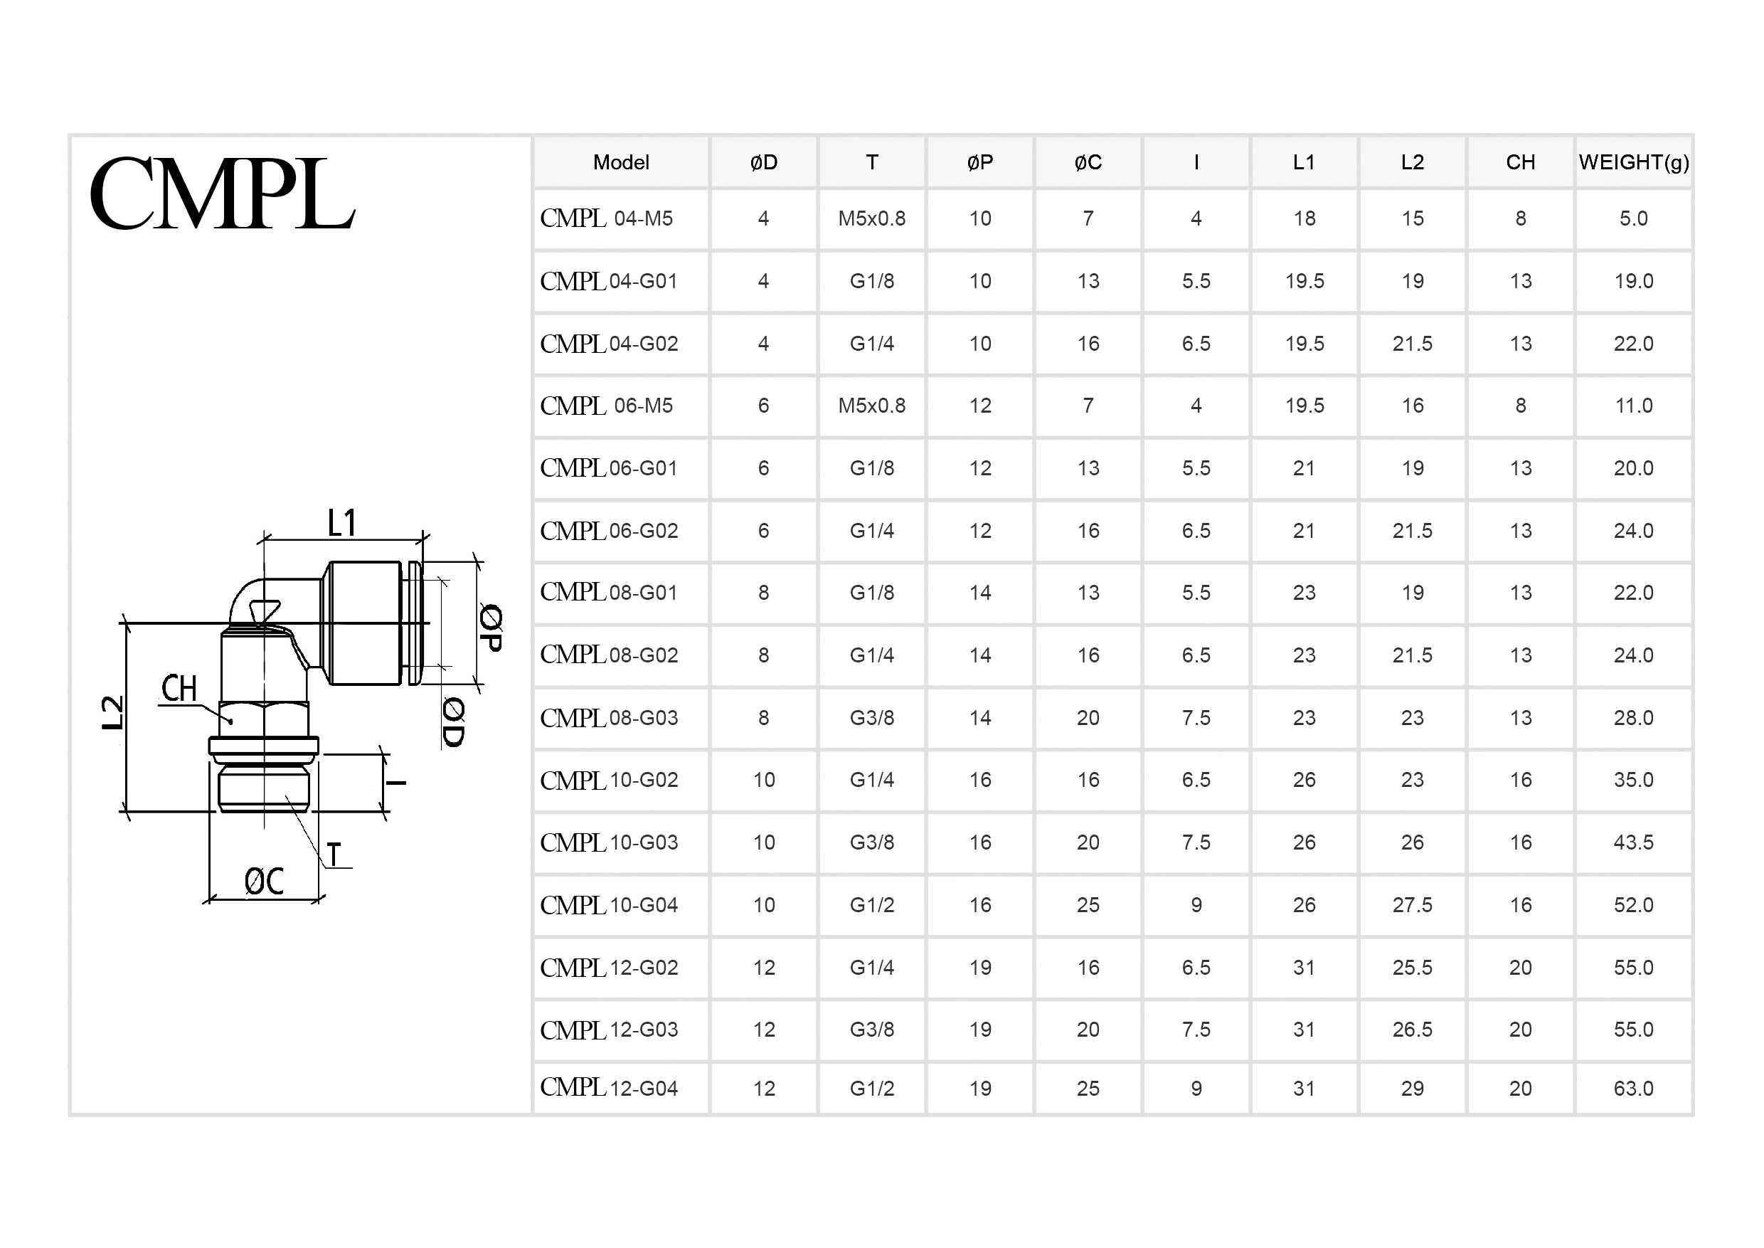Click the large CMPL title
(222, 194)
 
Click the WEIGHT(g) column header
(1633, 162)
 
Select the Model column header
(621, 162)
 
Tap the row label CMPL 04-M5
(606, 218)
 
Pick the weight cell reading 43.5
(1633, 842)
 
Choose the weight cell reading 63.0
(1633, 1088)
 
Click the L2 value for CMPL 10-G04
(1412, 904)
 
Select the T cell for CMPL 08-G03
(871, 718)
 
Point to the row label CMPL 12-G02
(610, 968)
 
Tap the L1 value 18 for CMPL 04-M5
(1304, 218)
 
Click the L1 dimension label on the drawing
(342, 524)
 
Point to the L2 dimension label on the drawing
(113, 712)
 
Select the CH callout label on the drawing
(179, 689)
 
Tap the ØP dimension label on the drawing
(491, 627)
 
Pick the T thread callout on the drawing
(334, 855)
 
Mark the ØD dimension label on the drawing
(453, 722)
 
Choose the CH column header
(1521, 162)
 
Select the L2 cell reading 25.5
(1412, 968)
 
